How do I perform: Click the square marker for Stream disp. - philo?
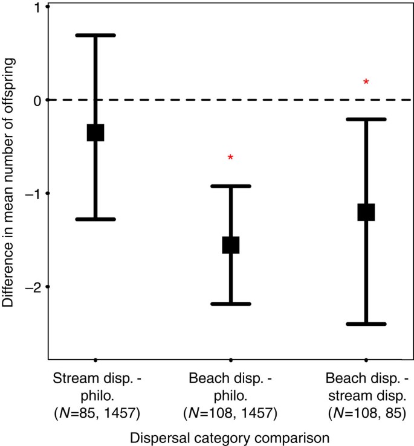[95, 132]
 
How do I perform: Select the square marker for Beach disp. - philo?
[231, 244]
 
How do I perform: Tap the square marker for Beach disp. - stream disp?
[366, 212]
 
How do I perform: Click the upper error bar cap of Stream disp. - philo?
[95, 35]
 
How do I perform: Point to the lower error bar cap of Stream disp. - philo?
[95, 219]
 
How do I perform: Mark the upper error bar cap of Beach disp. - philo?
[231, 186]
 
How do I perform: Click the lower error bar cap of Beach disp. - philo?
[231, 304]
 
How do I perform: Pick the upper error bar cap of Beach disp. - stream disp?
[366, 119]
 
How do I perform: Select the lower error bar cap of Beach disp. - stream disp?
[366, 324]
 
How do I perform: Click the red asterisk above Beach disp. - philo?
[230, 158]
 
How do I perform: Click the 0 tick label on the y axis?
[37, 100]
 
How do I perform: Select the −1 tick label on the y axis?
[33, 194]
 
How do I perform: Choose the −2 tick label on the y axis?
[33, 287]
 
